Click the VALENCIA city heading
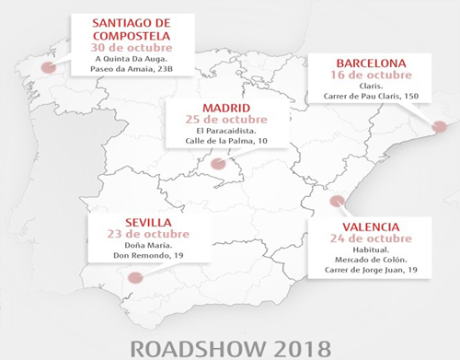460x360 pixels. pos(368,226)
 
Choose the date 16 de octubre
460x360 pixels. pos(371,78)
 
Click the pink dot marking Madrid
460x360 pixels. pos(217,165)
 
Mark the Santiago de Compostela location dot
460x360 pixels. pos(48,66)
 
